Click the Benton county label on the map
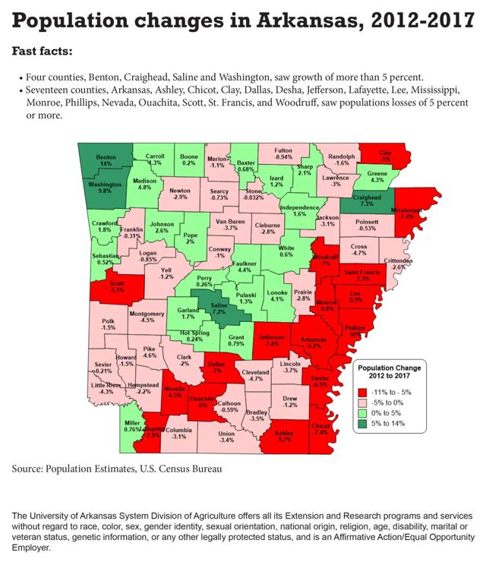[x=106, y=161]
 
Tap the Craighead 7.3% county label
[x=361, y=200]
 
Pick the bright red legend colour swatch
[x=363, y=392]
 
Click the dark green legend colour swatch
[x=363, y=434]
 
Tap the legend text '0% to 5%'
[x=396, y=420]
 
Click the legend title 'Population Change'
[x=390, y=367]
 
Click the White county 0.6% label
[x=287, y=251]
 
